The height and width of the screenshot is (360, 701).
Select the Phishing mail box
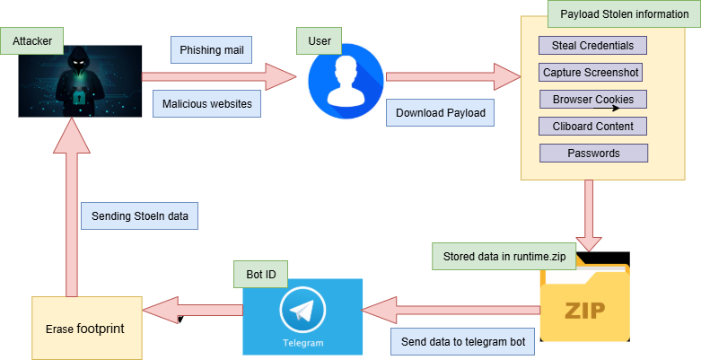tap(212, 48)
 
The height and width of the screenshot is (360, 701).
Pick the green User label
tap(320, 40)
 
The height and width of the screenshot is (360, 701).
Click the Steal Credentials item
tap(592, 45)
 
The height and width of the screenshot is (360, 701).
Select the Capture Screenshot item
tap(592, 72)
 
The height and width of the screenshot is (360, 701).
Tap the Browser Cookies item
tap(592, 99)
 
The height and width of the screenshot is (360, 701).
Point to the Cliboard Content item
tap(592, 126)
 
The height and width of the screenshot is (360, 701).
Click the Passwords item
tap(592, 153)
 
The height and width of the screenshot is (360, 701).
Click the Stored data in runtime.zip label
tap(504, 257)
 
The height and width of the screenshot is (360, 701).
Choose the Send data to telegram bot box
tap(463, 341)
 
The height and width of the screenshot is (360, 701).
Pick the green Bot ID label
tap(260, 274)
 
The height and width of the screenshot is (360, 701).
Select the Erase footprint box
tap(86, 328)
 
